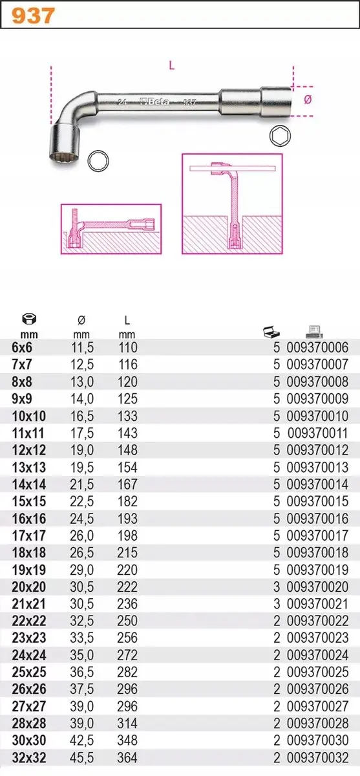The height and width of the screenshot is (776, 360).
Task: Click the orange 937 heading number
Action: (33, 16)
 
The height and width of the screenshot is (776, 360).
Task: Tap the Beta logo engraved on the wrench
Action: (154, 101)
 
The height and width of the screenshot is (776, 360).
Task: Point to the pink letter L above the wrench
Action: (172, 65)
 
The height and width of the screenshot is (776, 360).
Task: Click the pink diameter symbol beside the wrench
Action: (308, 100)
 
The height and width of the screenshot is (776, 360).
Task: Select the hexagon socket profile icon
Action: (280, 136)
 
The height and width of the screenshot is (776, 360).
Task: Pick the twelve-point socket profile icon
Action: (98, 161)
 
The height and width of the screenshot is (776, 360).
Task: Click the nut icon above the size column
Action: (29, 319)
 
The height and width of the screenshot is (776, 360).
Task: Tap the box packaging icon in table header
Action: (271, 332)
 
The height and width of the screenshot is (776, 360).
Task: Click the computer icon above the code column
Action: (314, 332)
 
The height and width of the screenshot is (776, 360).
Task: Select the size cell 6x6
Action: (22, 347)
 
